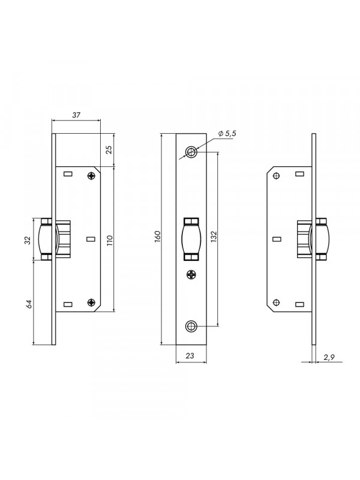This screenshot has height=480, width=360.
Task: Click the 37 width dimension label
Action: (76, 115)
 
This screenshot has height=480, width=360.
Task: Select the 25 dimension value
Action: (109, 149)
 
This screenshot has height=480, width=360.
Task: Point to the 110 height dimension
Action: (110, 241)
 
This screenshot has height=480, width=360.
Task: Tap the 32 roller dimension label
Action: (28, 240)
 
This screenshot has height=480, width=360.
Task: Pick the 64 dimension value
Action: (29, 304)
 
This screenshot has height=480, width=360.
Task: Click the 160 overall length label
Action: (158, 236)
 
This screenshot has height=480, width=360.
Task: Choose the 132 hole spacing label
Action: (214, 236)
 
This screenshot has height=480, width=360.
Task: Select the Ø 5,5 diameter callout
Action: (227, 133)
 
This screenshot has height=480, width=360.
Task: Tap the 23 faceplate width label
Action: (190, 355)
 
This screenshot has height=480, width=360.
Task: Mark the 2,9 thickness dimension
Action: (329, 356)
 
